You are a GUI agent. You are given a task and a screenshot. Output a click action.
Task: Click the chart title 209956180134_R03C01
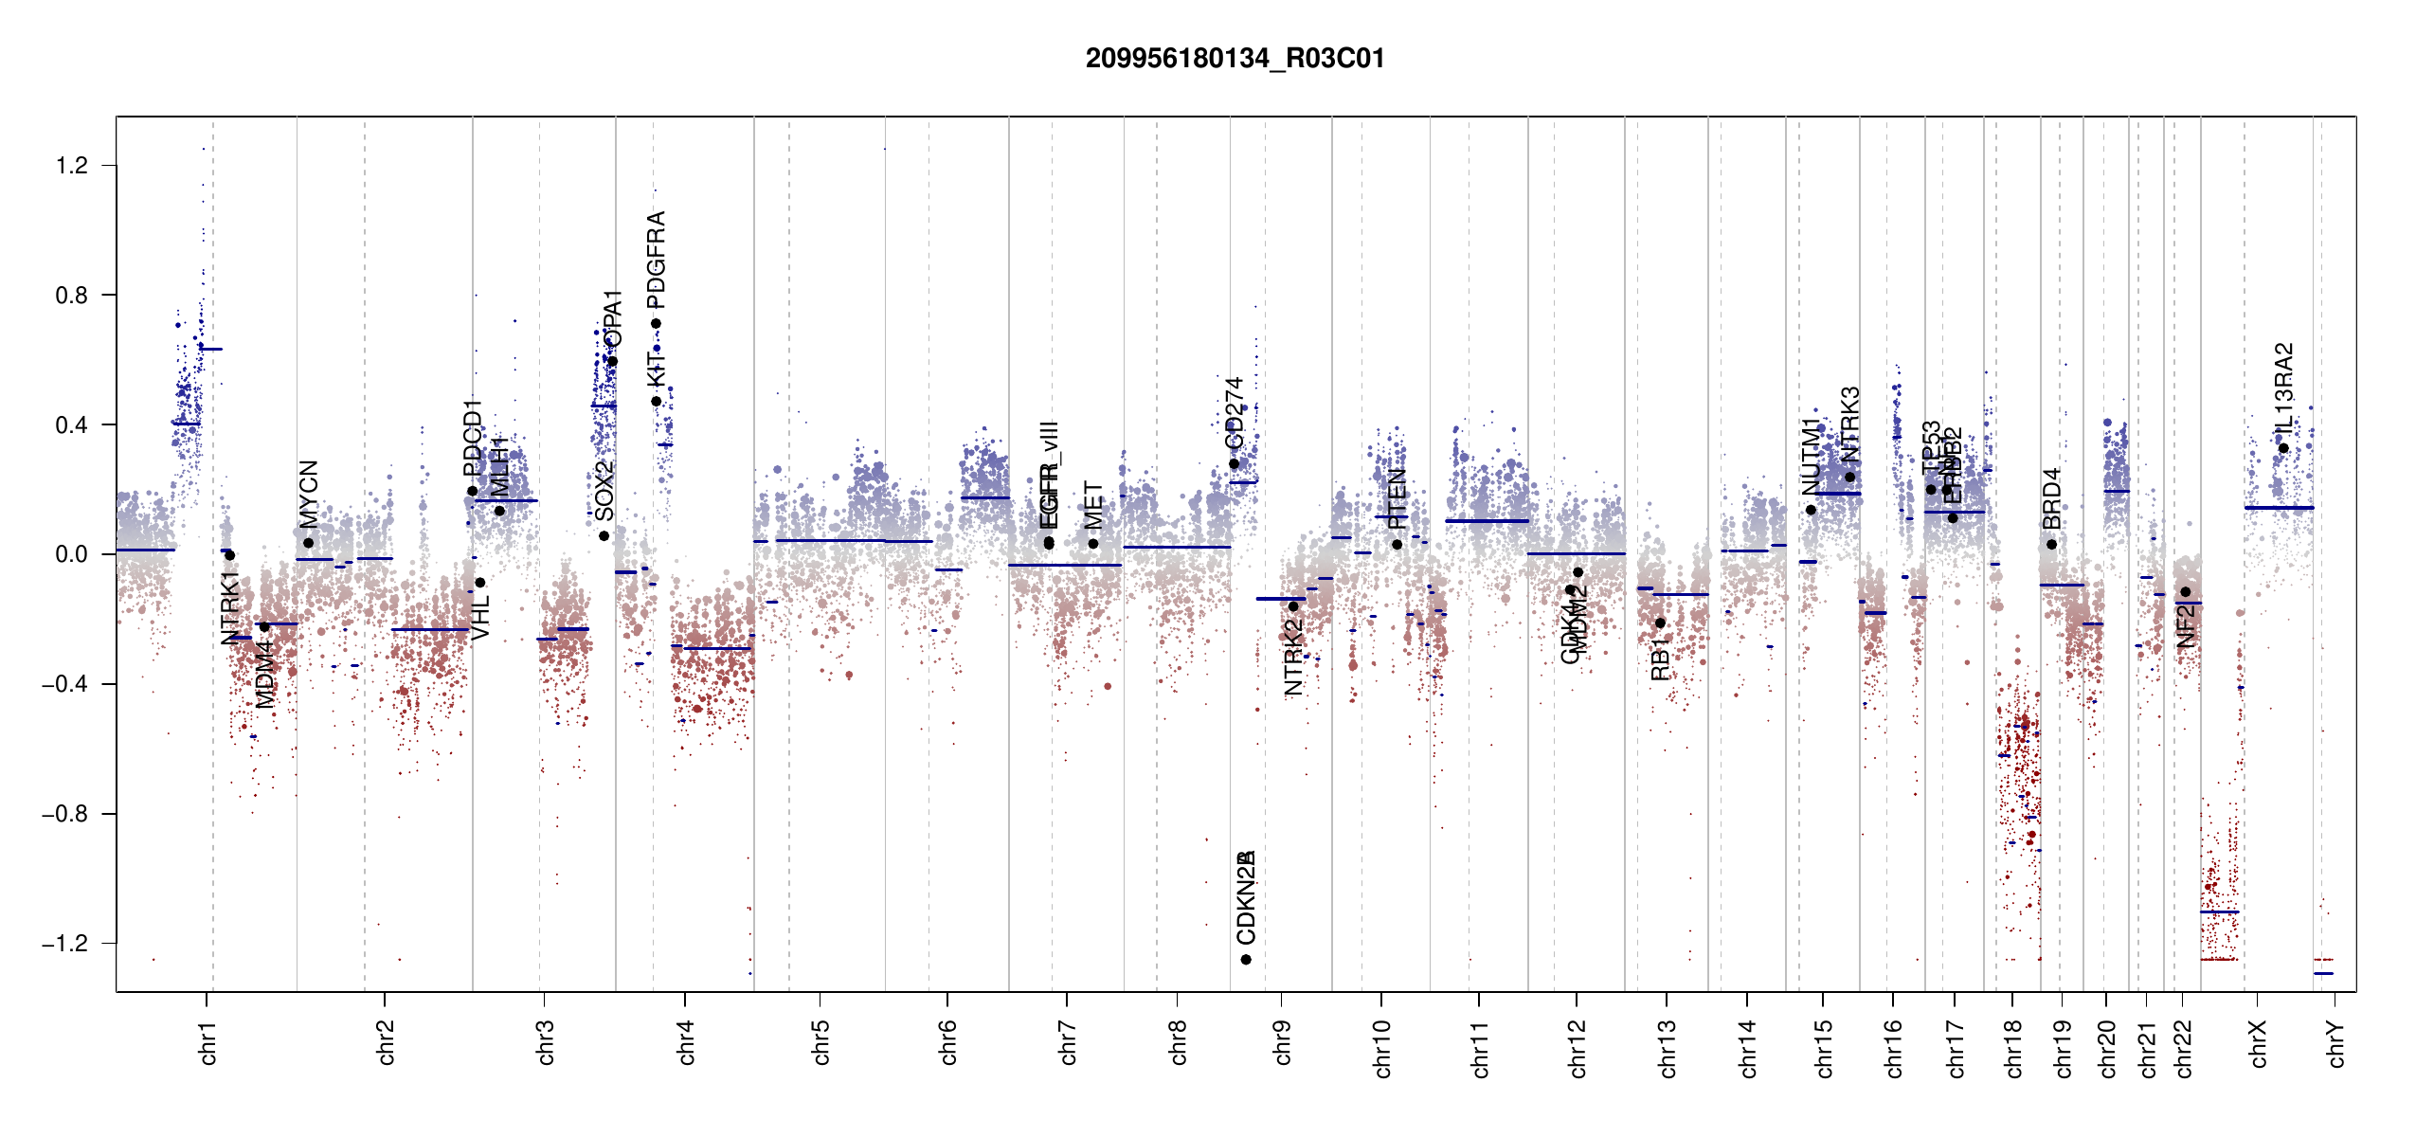coord(1235,59)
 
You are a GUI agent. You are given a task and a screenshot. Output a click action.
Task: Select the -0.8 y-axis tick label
coord(64,814)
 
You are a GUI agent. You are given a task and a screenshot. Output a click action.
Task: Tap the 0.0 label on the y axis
coord(71,554)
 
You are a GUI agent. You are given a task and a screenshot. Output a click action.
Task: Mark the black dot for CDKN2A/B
coord(1246,960)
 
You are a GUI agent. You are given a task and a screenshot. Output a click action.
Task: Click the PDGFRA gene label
coord(656,260)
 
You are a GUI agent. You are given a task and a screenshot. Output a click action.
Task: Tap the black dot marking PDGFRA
coord(656,324)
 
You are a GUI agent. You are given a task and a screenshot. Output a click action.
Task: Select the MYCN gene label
coord(309,493)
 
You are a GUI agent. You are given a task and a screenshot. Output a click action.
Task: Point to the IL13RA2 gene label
coord(2284,389)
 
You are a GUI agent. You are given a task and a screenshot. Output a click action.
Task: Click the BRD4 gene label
coord(2052,498)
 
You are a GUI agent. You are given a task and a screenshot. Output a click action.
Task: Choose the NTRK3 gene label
coord(1850,423)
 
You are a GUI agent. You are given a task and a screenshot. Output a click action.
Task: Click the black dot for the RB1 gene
coord(1660,623)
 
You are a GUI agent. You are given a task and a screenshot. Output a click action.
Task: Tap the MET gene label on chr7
coord(1093,505)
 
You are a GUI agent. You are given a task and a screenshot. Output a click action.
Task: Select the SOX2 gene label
coord(604,491)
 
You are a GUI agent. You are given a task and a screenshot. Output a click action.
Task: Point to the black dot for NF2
coord(2186,592)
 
